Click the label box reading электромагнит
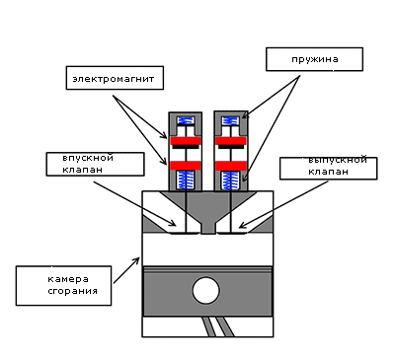coord(115,78)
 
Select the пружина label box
coord(314,59)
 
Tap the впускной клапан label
coord(95,164)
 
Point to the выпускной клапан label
coord(328,169)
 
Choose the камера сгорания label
coord(63,286)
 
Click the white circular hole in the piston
coord(205,291)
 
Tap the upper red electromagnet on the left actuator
coord(186,141)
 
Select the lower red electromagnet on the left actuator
coord(186,166)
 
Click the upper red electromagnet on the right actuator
coord(231,141)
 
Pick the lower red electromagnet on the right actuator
coord(231,166)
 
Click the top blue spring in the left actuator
coord(186,120)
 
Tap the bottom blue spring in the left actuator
coord(186,180)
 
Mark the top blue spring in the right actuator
coord(230,120)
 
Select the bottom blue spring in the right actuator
coord(230,181)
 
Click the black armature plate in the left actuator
coord(186,147)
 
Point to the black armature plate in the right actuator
coord(231,147)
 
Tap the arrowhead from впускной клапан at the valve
coord(173,224)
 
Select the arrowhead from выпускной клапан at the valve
coord(242,226)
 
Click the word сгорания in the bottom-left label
coord(73,291)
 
